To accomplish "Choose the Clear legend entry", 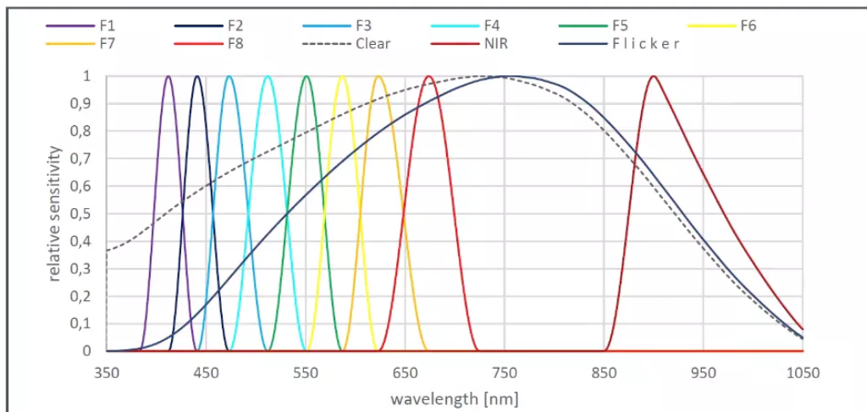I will click(x=373, y=44).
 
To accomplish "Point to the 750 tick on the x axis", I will click(x=505, y=371).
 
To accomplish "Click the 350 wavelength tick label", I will click(x=107, y=371).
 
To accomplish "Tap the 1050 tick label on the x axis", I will click(x=802, y=371).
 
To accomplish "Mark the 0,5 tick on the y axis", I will click(x=81, y=213).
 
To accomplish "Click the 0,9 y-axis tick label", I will click(x=81, y=103).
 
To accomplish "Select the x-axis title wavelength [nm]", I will click(x=454, y=397).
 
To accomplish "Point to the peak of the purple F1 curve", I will click(x=168, y=76).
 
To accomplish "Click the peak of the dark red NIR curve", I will click(x=653, y=76).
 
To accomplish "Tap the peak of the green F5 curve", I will click(x=306, y=76).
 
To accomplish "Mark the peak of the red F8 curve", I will click(x=429, y=76).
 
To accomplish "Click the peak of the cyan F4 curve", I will click(x=268, y=76).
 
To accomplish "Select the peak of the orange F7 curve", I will click(x=378, y=76).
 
